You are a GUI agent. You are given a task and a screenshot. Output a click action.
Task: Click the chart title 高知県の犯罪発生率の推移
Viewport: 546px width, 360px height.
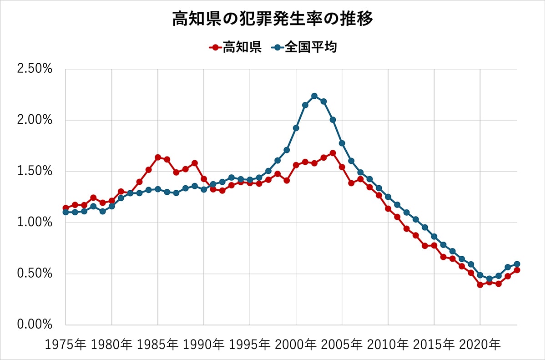pos(273,20)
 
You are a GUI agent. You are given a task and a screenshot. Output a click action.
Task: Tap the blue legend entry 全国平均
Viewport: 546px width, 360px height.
pos(304,47)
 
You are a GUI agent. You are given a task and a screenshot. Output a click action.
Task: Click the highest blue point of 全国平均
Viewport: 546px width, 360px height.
pos(314,96)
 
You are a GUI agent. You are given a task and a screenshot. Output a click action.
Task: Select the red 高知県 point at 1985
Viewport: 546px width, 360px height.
pos(158,157)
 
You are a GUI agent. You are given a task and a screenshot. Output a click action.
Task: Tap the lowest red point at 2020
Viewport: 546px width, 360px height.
pos(480,285)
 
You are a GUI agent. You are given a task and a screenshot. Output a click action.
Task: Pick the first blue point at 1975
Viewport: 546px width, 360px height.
pos(66,212)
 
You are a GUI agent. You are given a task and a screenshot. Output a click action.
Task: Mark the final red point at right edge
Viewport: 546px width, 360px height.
pos(517,270)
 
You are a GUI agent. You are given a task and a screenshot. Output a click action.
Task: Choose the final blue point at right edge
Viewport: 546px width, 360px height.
pos(517,264)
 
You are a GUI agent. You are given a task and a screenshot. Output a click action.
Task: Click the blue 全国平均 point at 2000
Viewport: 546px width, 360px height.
pos(296,128)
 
